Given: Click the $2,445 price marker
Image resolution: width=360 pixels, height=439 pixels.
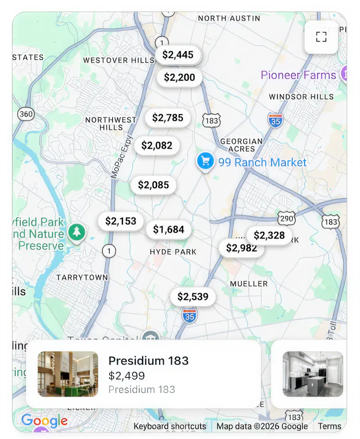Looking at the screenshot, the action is tap(178, 55).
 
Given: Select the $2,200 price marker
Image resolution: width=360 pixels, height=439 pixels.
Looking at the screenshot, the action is tap(179, 78).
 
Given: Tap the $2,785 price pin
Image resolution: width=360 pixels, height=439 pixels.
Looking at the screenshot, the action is tap(168, 118).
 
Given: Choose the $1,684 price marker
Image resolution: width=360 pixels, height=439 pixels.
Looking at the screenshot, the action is tap(169, 230).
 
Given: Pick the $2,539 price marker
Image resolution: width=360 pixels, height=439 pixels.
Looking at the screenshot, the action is tap(193, 297).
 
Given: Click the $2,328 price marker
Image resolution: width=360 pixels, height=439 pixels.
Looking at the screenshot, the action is tap(269, 235).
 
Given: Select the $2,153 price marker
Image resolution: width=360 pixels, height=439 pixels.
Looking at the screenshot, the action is tap(121, 221).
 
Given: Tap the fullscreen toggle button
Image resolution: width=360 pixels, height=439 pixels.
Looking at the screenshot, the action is tap(321, 37).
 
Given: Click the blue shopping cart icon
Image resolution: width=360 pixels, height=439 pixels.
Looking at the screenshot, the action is tap(205, 161).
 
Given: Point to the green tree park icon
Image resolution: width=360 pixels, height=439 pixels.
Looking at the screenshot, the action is tap(76, 232).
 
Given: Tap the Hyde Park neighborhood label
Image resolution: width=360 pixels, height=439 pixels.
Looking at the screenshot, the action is tap(173, 252).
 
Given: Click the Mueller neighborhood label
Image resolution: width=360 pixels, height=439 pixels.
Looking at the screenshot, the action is tap(249, 284).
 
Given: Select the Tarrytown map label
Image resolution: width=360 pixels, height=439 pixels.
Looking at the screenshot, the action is tap(82, 277).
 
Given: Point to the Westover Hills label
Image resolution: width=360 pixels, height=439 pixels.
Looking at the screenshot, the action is tap(118, 60).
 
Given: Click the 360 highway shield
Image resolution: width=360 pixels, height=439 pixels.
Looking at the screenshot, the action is tap(25, 114).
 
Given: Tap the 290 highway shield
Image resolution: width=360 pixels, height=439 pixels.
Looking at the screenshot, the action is tap(287, 218).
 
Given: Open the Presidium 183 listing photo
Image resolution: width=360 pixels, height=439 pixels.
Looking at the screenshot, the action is tap(68, 374).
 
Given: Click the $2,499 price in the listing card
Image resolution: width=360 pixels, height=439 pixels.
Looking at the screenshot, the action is tap(126, 376).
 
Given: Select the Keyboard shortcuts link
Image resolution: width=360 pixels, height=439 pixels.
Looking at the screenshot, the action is tap(170, 426).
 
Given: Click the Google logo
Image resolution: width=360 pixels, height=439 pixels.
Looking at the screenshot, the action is tap(44, 421).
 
